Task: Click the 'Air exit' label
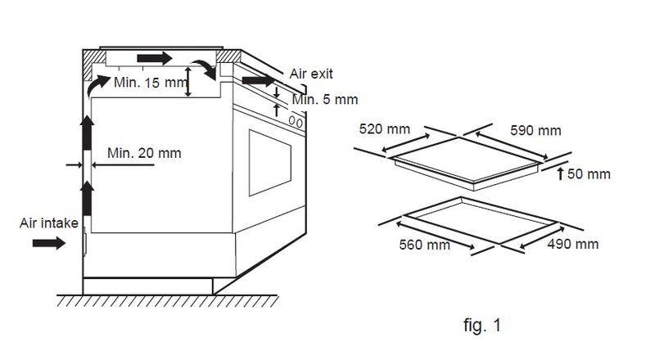coord(311,74)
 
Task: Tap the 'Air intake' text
coord(49,223)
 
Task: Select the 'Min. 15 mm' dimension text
coord(150,83)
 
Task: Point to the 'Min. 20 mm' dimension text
coord(144,153)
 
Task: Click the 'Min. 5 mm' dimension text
coord(325,99)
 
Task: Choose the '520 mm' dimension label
coord(384,128)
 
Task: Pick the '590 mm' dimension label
coord(535,130)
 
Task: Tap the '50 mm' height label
coord(589,173)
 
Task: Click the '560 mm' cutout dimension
coord(424,245)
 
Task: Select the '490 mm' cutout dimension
coord(572,244)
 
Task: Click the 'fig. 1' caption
coord(482,325)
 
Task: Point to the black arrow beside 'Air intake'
coord(49,243)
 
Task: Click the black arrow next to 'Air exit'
coord(259,80)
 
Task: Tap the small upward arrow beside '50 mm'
coord(561,173)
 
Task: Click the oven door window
coord(270,163)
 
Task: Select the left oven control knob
coord(291,121)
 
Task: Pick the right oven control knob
coord(299,124)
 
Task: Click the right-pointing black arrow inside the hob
coord(155,58)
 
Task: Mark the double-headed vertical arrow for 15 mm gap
coord(188,82)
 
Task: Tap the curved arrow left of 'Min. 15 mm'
coord(97,85)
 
